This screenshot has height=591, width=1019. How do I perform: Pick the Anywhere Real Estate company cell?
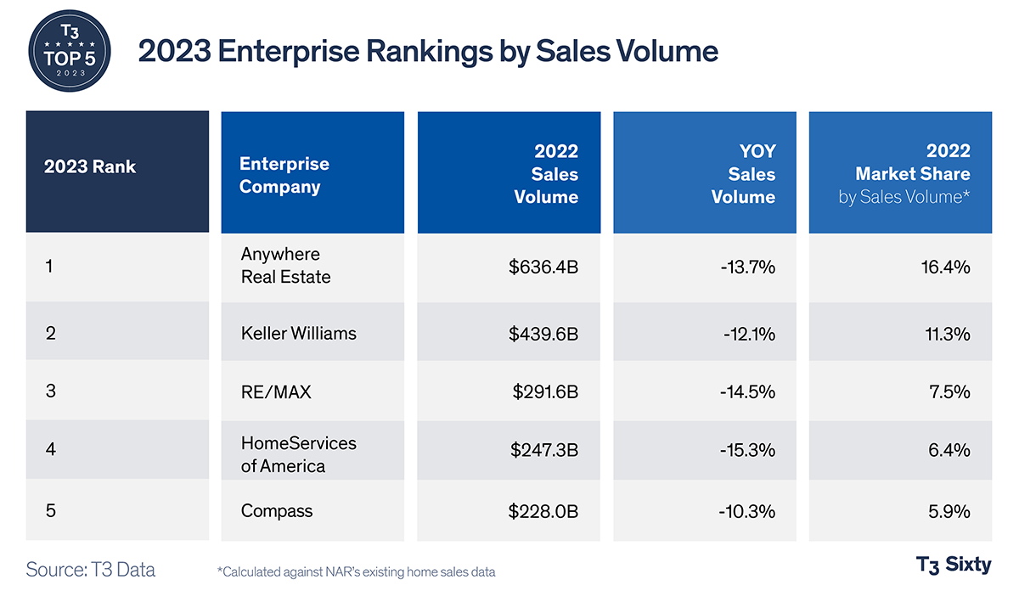(x=285, y=266)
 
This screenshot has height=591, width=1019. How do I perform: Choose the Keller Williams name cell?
(x=299, y=334)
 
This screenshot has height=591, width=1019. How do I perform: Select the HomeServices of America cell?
(x=299, y=454)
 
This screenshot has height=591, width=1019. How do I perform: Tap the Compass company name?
(x=277, y=511)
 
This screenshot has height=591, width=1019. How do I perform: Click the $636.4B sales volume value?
(x=543, y=267)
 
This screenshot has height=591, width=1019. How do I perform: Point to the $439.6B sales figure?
(x=543, y=334)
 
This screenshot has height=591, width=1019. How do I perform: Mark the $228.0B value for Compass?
(x=543, y=511)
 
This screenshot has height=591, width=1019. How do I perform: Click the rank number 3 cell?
(x=50, y=391)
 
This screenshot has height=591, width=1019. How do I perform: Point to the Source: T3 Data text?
(x=91, y=569)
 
